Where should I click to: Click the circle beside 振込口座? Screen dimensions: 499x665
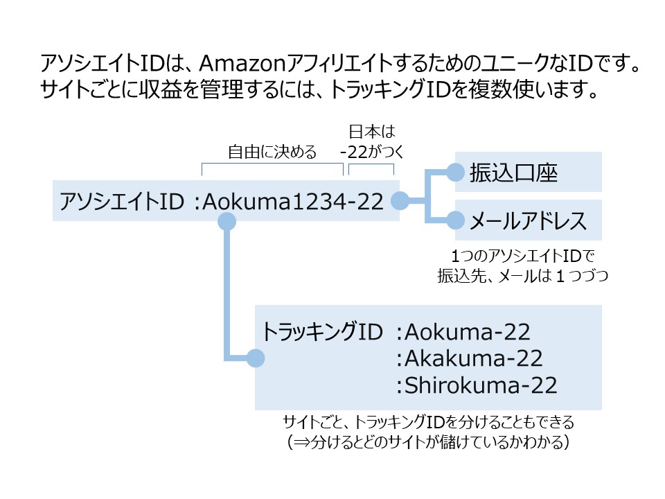click(455, 172)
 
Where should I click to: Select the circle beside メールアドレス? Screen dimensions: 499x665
click(455, 221)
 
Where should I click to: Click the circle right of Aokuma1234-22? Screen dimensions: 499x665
click(400, 201)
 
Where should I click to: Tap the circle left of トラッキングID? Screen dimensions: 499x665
click(256, 358)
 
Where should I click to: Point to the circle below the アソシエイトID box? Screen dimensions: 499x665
click(227, 221)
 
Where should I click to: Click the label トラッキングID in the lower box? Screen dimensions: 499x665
click(322, 333)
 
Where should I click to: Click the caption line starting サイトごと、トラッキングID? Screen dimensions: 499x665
click(429, 421)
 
